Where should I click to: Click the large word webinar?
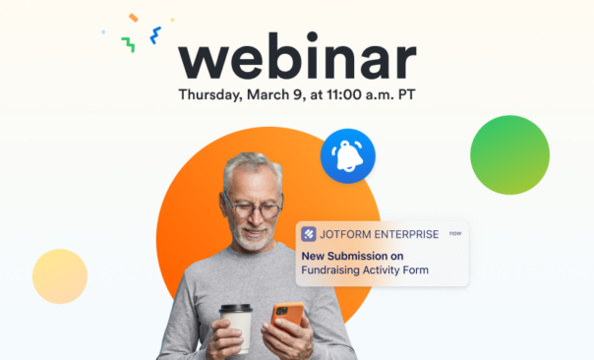(x=297, y=60)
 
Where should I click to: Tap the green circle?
(x=509, y=154)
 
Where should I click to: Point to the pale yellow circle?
(x=60, y=276)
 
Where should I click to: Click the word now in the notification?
(x=454, y=233)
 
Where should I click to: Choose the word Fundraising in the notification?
(x=332, y=270)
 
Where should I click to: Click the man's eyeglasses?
(x=254, y=209)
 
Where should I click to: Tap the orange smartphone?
(x=288, y=321)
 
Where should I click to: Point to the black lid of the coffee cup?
(x=235, y=309)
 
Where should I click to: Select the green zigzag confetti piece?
(x=128, y=44)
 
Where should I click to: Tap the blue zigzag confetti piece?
(x=155, y=35)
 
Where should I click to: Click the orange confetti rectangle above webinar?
(x=134, y=18)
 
